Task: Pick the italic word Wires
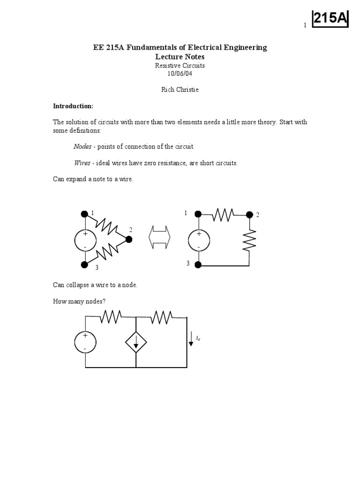click(x=82, y=163)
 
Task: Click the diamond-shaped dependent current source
click(x=136, y=343)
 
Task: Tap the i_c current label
click(x=198, y=337)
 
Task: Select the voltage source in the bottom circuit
click(x=85, y=343)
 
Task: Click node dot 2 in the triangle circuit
click(x=129, y=240)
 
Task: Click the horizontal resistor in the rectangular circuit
click(x=223, y=215)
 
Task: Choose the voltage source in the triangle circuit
click(x=85, y=240)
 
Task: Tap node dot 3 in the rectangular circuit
click(x=198, y=265)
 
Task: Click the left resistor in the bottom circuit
click(x=111, y=317)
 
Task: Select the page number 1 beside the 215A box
click(x=305, y=25)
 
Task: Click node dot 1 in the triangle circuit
click(x=84, y=214)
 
